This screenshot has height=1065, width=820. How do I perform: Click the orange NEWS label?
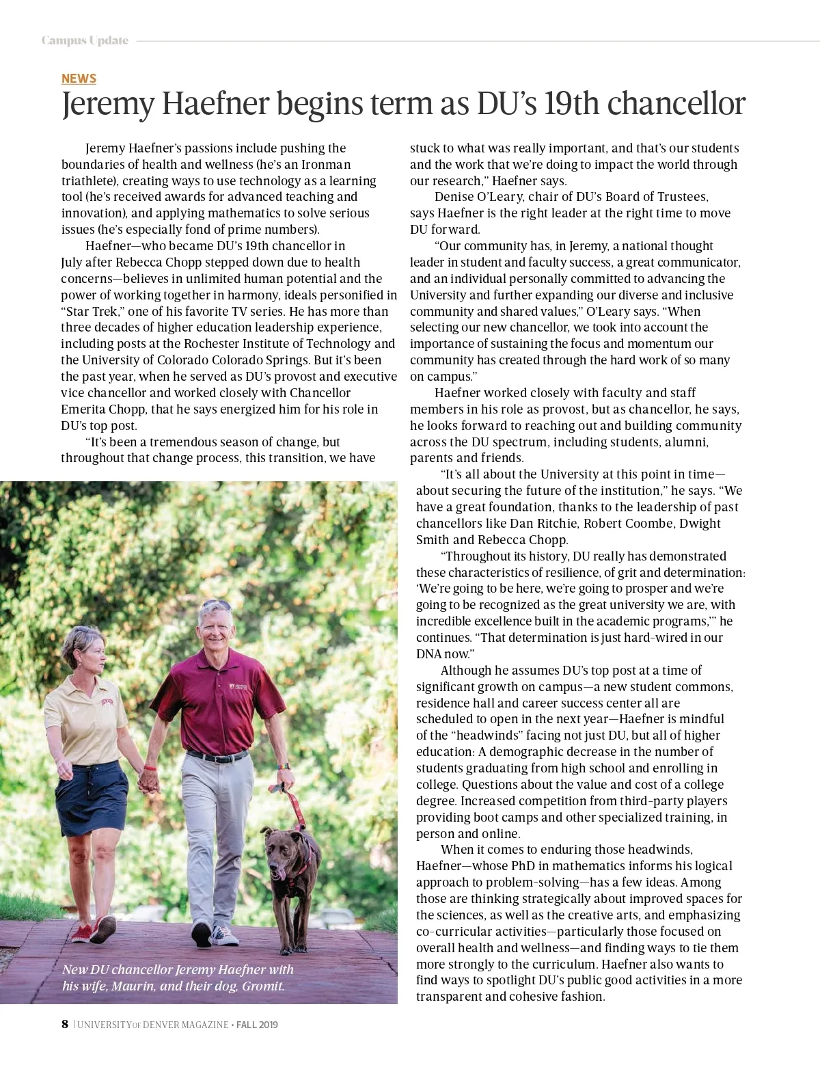(x=79, y=79)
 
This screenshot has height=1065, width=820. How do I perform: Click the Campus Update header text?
(x=85, y=40)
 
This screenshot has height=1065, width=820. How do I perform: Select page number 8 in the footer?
(x=65, y=1024)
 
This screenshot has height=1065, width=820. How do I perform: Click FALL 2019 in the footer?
(x=257, y=1025)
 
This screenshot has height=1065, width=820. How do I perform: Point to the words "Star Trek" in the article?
(x=92, y=311)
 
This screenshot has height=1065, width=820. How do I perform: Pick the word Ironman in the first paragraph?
(x=326, y=164)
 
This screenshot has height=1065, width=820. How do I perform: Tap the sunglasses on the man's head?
(x=217, y=606)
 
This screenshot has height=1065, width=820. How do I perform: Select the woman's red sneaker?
(x=103, y=928)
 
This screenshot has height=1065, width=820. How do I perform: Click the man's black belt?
(x=217, y=756)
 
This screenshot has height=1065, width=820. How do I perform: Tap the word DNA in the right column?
(x=429, y=653)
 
